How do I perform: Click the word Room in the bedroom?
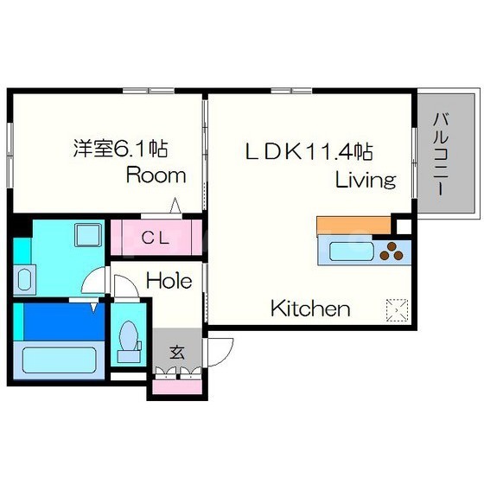click(x=156, y=175)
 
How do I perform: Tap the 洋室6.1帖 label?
click(x=120, y=149)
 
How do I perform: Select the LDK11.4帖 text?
click(x=309, y=151)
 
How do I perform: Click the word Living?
click(x=366, y=180)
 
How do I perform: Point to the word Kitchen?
click(x=310, y=308)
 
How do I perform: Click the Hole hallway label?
click(x=169, y=281)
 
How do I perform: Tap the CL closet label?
click(x=156, y=238)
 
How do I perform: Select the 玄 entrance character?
click(x=177, y=353)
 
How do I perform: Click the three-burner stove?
click(x=392, y=252)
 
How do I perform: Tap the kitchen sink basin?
click(x=352, y=252)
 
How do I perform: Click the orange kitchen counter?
click(x=354, y=226)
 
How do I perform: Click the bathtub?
click(x=60, y=360)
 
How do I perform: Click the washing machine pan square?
click(x=88, y=235)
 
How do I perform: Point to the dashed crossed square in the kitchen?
click(x=398, y=310)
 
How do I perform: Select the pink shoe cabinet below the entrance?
click(x=177, y=387)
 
